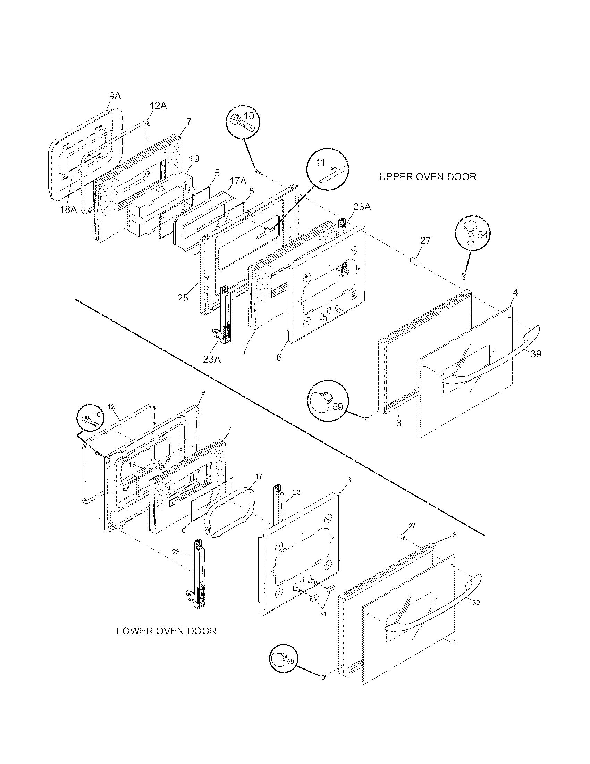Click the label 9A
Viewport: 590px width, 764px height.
coord(115,96)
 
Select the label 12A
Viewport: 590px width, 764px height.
coord(158,106)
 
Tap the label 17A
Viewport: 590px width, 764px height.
coord(238,181)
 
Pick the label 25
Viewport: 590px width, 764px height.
coord(183,298)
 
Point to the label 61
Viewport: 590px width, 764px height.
coord(322,614)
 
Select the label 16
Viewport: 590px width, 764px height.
coord(182,530)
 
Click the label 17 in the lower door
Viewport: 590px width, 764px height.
coord(259,476)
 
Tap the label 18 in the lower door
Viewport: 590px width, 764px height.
coord(132,465)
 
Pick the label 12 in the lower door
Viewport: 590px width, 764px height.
coord(111,407)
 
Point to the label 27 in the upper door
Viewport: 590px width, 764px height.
coord(425,240)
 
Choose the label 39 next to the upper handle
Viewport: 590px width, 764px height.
coord(536,354)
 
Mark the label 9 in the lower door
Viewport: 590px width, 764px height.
coord(203,392)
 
